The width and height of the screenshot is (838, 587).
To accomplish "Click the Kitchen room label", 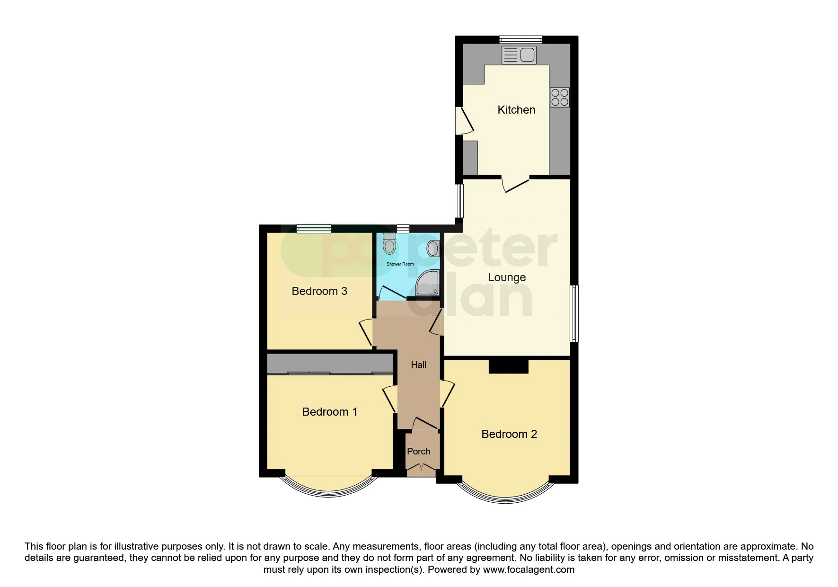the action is coord(516,110).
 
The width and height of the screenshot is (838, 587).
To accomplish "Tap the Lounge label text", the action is coord(507,277).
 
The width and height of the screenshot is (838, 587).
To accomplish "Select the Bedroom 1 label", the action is coord(329,412).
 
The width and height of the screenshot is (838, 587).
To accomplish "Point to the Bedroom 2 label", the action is coord(509,434).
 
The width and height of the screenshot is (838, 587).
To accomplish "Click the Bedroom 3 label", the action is coord(319,291).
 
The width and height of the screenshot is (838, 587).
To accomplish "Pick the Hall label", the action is coord(418,365).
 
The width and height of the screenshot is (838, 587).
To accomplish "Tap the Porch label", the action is coord(419,452).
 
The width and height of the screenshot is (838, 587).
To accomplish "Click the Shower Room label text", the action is coord(400,264).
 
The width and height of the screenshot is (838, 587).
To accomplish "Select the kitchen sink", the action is coord(519,55).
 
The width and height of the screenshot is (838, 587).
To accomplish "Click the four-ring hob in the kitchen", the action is coord(560,98).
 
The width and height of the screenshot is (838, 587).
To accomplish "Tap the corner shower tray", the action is coord(427,284).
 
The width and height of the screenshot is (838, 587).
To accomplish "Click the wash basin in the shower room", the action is coord(433,248).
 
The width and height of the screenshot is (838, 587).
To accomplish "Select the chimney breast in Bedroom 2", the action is coord(508,366).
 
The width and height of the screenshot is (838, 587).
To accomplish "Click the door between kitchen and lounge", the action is coord(515,184).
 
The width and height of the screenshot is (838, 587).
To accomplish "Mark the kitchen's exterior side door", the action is coord(464,120).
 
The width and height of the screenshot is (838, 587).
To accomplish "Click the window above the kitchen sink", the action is coord(520,40).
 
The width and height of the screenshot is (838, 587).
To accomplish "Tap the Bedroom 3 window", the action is coord(314,229).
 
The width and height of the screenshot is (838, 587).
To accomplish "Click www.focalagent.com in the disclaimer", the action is coord(529,570).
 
